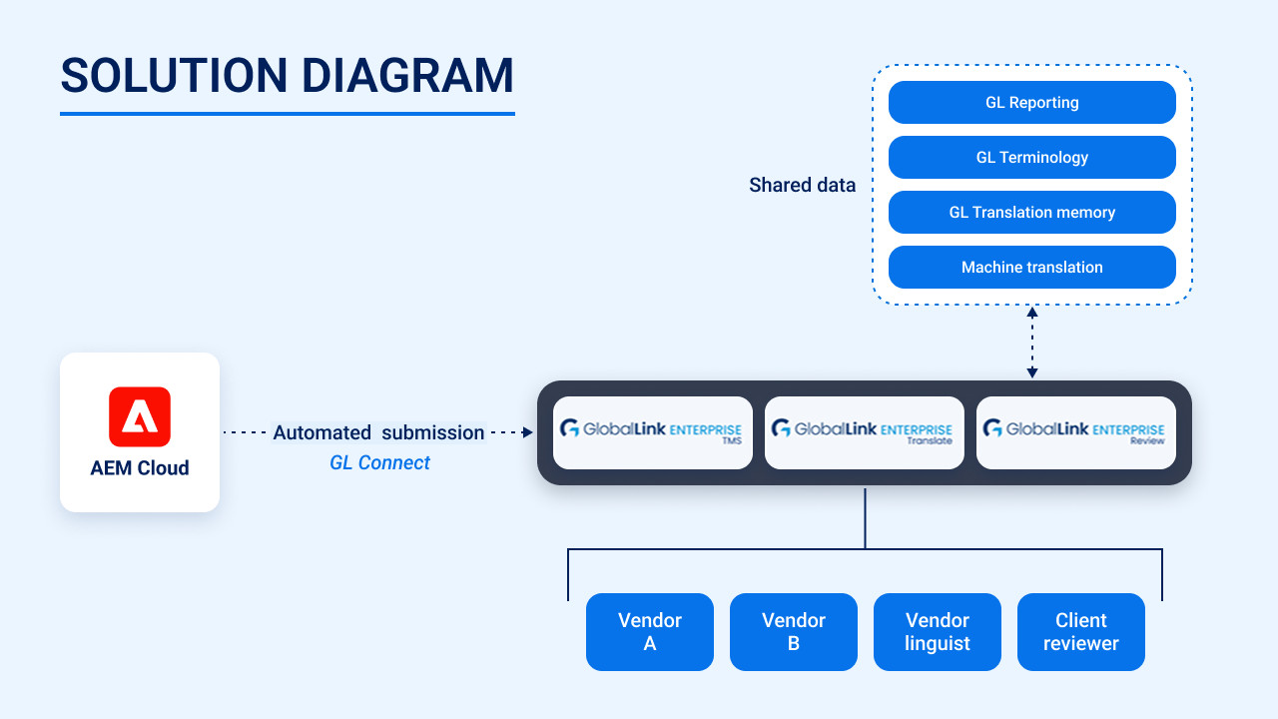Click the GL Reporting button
tap(1031, 103)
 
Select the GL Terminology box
tap(1031, 158)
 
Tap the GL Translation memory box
tap(1031, 213)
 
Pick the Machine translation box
tap(1031, 268)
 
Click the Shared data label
tap(802, 186)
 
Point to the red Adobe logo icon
tap(140, 416)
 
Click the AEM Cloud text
tap(140, 468)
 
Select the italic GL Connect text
tap(379, 463)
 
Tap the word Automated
tap(321, 433)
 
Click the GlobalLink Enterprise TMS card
tap(653, 432)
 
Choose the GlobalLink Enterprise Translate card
tap(865, 432)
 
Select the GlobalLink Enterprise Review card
tap(1076, 432)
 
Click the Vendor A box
tap(650, 632)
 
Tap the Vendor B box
tap(794, 632)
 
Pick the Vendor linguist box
tap(938, 632)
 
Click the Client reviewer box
tap(1081, 632)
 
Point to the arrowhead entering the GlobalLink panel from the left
tap(528, 432)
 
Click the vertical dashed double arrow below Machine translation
tap(1032, 343)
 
